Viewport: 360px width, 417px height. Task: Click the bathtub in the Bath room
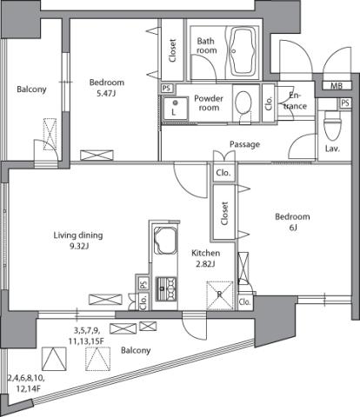point(243,51)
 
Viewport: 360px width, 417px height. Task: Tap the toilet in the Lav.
point(332,125)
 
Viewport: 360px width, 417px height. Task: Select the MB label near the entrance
point(337,85)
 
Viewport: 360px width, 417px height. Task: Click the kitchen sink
point(165,240)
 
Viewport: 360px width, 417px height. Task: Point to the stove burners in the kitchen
point(166,288)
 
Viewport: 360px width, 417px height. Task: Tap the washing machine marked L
point(175,108)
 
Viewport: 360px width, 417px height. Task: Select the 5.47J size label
point(106,94)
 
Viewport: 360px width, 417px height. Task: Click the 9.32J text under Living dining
point(78,247)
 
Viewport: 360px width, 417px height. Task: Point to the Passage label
point(244,144)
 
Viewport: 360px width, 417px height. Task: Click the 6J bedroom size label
point(293,228)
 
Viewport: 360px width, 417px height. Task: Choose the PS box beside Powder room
point(167,88)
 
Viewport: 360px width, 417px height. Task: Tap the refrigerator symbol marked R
point(219,295)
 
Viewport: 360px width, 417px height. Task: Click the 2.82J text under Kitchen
point(205,264)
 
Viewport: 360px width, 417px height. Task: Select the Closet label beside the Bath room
point(173,50)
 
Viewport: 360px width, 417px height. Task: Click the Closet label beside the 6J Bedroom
point(224,214)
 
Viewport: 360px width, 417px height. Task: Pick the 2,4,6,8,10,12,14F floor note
point(26,383)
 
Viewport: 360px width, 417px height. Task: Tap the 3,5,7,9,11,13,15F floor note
point(86,335)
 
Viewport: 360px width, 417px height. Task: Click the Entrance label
point(295,101)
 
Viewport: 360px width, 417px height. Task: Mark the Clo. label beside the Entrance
point(269,103)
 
